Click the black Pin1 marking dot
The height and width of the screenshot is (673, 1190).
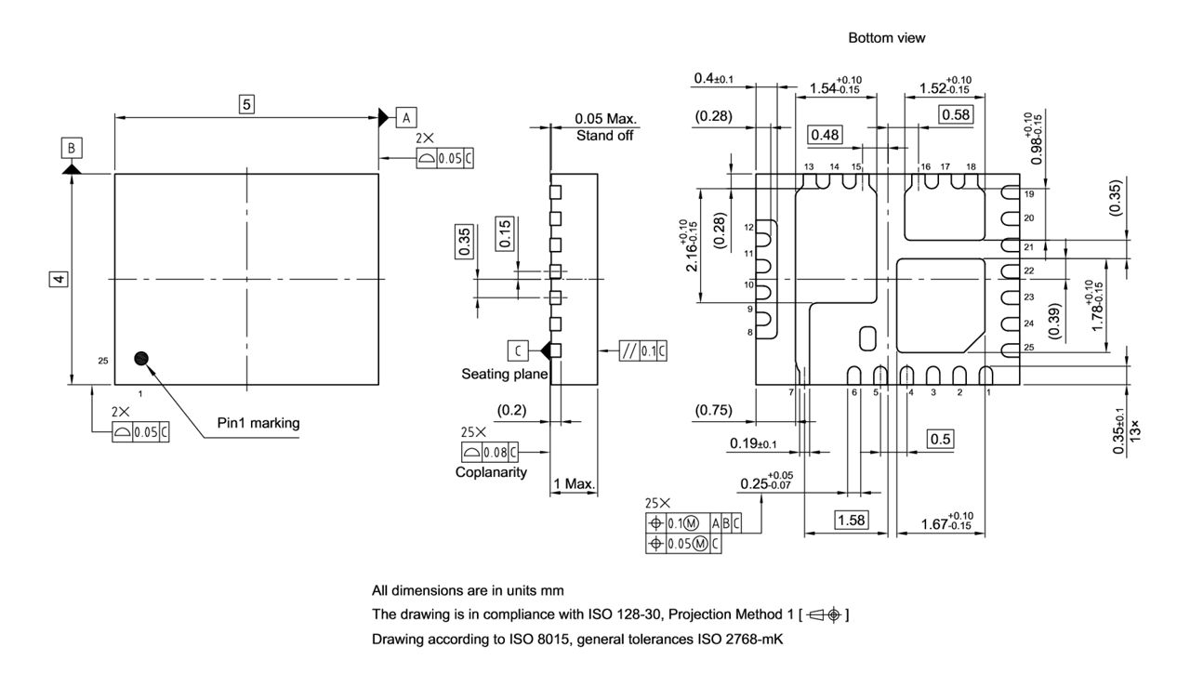tap(141, 358)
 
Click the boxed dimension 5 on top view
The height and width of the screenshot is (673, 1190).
tap(246, 104)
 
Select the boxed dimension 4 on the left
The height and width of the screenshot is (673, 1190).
tap(59, 279)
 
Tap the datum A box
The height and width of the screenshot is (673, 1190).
tap(406, 116)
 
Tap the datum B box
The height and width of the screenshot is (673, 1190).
tap(72, 147)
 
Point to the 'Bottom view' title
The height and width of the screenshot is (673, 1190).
tap(886, 38)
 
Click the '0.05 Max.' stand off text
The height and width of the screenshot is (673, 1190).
tap(605, 119)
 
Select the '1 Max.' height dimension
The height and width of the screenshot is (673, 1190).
tap(575, 485)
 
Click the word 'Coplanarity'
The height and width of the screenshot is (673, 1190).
tap(491, 471)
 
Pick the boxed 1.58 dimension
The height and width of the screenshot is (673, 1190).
tap(850, 520)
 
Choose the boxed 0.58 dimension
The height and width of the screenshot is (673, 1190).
tap(955, 114)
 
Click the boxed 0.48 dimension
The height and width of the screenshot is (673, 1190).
tap(825, 135)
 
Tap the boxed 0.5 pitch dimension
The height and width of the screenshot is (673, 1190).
tap(940, 439)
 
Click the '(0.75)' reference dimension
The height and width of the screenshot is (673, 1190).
tap(713, 410)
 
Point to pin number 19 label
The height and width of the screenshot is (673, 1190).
tap(1028, 194)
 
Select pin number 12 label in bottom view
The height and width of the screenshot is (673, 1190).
tap(748, 227)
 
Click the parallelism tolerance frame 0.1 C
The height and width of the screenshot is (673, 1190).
tap(644, 350)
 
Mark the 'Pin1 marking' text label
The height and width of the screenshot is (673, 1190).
tap(258, 423)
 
